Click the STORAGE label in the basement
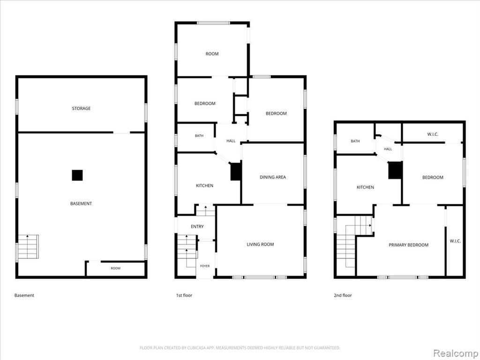(81, 108)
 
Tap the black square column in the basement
(77, 175)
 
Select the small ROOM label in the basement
(115, 269)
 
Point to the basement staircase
(28, 247)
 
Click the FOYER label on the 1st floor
(205, 266)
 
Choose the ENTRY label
(197, 226)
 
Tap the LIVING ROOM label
(260, 244)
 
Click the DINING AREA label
(273, 177)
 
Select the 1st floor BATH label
(199, 135)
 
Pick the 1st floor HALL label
(231, 141)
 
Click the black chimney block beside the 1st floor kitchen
(236, 172)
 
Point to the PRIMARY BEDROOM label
(408, 245)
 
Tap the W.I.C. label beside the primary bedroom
(455, 241)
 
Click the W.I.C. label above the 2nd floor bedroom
(433, 134)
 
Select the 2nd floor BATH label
(355, 141)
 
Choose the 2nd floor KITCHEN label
(365, 187)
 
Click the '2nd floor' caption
(343, 295)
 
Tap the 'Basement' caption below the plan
(24, 295)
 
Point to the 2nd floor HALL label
(388, 149)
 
